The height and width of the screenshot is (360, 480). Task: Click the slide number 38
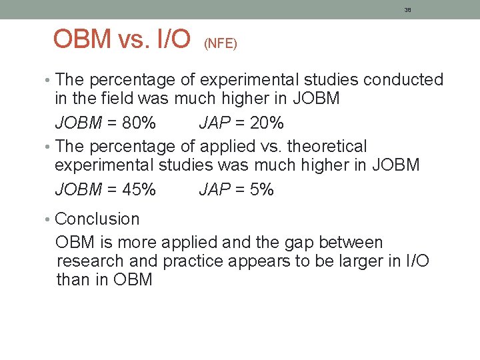(x=407, y=10)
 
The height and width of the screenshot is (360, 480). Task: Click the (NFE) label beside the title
(x=221, y=43)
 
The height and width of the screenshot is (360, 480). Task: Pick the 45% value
(x=140, y=190)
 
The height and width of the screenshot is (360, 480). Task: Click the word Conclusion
(x=98, y=219)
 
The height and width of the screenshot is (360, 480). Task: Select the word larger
(x=359, y=261)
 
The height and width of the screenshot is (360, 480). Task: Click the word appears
(x=258, y=261)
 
